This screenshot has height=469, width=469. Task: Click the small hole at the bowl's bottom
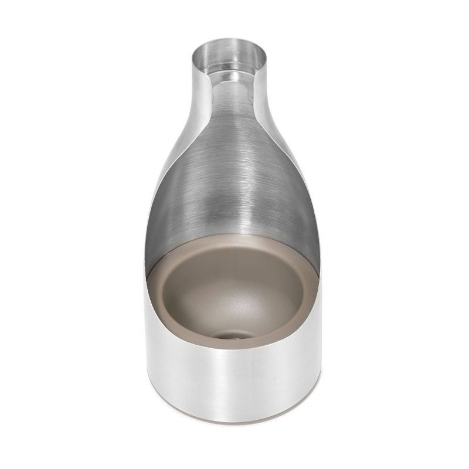point(234,335)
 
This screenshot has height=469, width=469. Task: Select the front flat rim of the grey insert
point(235,346)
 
